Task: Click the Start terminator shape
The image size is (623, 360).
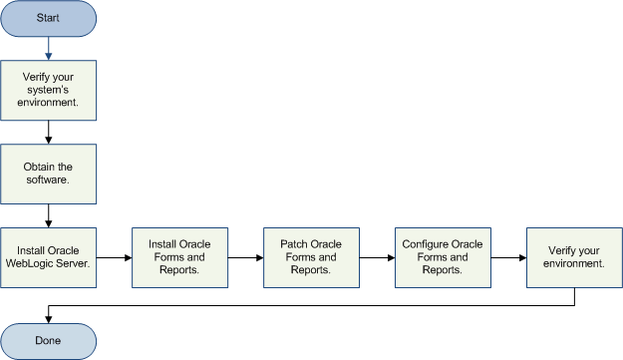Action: pos(49,19)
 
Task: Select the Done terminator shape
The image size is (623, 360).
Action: pos(49,341)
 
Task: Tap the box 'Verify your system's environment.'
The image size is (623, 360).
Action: pos(49,88)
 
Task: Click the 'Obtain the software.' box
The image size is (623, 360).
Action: pos(49,172)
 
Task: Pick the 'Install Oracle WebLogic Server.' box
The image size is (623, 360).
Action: pos(49,256)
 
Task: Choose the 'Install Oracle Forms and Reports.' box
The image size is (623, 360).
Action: pos(180,256)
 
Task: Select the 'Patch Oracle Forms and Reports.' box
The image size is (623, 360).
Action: pos(312,256)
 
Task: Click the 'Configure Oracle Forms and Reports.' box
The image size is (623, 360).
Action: pos(444,256)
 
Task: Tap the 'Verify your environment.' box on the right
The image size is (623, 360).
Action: pos(575,256)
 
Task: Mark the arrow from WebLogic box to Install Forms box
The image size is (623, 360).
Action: pos(115,257)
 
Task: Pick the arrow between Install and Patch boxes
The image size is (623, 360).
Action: pos(246,257)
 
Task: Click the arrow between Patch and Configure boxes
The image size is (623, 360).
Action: pos(378,257)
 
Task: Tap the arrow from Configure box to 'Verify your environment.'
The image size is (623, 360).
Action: pos(509,257)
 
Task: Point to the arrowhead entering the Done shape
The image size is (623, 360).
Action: pos(50,317)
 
